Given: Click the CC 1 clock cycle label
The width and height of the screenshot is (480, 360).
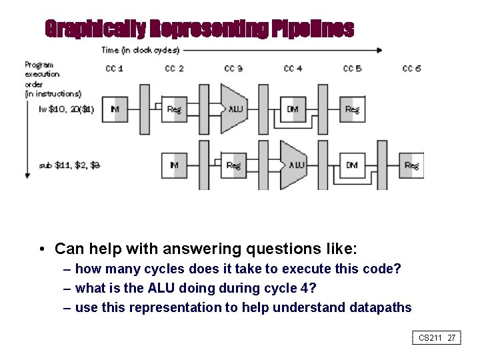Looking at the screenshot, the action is [115, 69].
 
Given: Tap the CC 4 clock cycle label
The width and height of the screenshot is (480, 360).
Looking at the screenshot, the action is [293, 69].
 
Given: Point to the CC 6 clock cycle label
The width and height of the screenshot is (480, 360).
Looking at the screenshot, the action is [412, 69].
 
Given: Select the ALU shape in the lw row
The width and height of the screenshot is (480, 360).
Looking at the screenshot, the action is [234, 109].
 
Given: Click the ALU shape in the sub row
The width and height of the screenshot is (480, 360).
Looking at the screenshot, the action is [293, 165].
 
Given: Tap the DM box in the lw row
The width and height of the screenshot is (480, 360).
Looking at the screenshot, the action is [293, 109].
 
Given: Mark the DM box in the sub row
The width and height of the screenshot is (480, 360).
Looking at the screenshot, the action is [352, 165].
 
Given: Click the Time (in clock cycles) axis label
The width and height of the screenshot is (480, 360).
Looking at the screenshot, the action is [140, 50].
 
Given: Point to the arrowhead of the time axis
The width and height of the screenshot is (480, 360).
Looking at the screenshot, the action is [380, 50].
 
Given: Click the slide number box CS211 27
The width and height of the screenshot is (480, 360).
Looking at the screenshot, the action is [437, 338].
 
